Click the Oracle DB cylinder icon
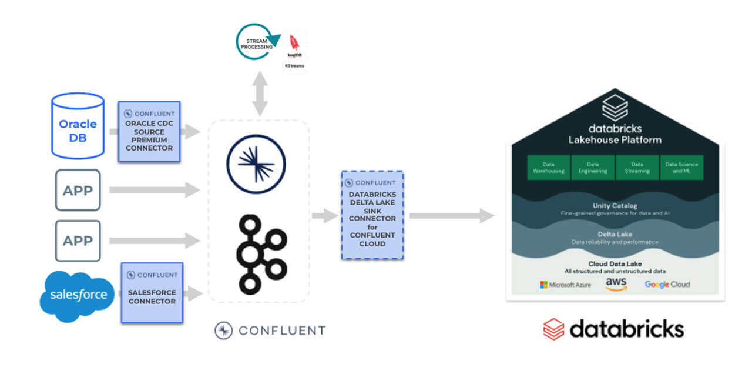[78, 126]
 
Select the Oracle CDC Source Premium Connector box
[149, 131]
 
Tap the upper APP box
[78, 190]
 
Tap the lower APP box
[78, 241]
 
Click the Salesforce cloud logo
[77, 295]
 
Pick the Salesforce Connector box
[152, 292]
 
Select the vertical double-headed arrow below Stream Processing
[260, 94]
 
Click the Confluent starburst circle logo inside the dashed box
[256, 165]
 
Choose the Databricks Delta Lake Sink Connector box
[372, 215]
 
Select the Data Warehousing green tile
[548, 168]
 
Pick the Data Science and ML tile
[681, 168]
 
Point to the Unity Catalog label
[615, 206]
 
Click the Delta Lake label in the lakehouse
[615, 234]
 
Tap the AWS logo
[616, 284]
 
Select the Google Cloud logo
[667, 285]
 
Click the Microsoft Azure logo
[565, 285]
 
